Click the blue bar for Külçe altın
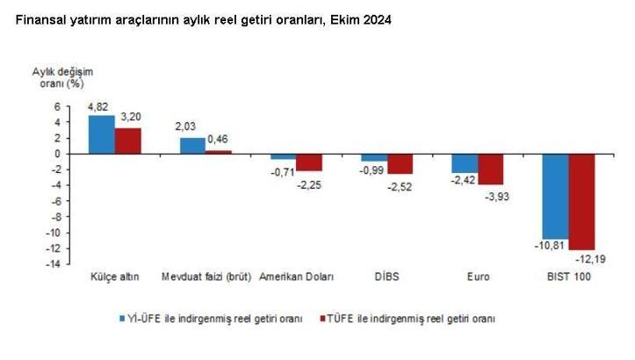coord(101,134)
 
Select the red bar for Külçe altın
coord(128,140)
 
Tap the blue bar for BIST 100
coord(556,196)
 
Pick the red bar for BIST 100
coord(582,201)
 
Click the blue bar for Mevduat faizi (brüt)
coord(192,146)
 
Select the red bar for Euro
coord(491,169)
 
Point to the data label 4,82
coord(98,107)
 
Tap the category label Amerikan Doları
coord(296,277)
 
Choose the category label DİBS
coord(387,277)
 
